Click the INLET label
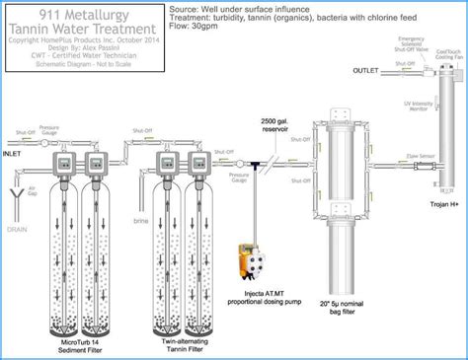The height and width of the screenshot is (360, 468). (14, 153)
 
